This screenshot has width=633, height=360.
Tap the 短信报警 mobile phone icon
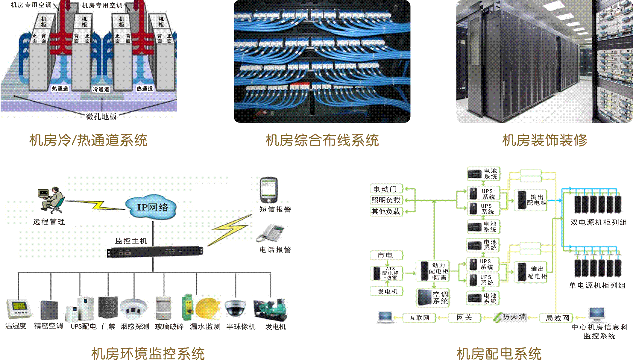268,190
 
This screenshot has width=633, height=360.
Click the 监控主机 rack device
155,252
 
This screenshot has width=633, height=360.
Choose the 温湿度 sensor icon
19,308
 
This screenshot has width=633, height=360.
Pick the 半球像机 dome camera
236,308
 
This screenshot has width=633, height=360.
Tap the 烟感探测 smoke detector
133,308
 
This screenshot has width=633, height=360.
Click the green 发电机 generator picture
270,309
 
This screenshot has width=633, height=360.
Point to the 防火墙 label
514,317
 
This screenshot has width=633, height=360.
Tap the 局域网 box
557,318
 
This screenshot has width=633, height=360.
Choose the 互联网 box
419,318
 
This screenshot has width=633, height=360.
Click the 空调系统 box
433,297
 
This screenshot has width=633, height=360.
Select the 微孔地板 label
101,117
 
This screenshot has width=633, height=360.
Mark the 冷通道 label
101,89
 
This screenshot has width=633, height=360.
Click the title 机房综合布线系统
322,140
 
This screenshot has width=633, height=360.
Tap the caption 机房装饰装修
544,140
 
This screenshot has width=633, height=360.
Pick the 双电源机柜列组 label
598,222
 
